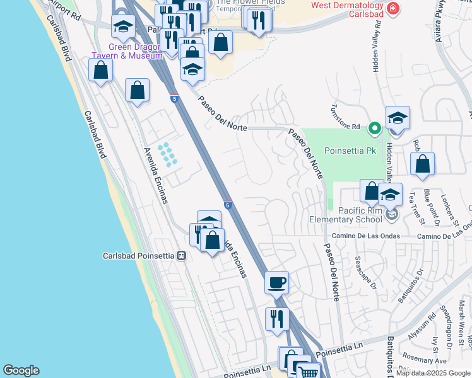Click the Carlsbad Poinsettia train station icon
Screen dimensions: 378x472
pos(182,256)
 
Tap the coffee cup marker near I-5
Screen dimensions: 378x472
pos(276,283)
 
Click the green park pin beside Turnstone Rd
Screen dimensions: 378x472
pos(374,128)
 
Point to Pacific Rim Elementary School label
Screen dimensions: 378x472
pos(345,215)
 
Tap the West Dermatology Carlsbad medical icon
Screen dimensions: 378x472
pos(392,9)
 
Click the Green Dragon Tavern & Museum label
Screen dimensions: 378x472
pos(127,51)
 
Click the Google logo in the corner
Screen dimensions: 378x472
pos(21,370)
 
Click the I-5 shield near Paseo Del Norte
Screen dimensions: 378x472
pos(175,99)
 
